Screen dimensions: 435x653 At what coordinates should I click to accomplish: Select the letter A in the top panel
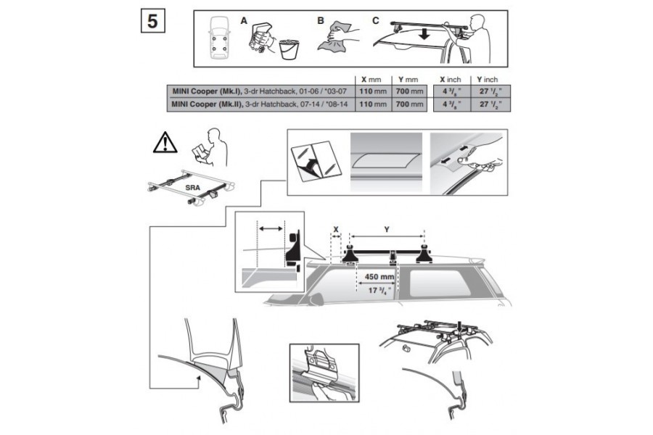[x=244, y=21]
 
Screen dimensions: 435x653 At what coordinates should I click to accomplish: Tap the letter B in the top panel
[x=320, y=21]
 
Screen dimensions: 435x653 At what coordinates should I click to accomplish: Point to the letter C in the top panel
[x=375, y=20]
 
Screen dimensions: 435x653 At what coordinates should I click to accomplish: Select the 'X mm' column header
[x=371, y=79]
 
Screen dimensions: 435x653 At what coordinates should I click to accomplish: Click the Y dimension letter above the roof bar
[x=386, y=229]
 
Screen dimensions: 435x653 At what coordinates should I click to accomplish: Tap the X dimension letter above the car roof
[x=336, y=229]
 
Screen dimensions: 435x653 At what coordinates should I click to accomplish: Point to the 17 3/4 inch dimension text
[x=378, y=290]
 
